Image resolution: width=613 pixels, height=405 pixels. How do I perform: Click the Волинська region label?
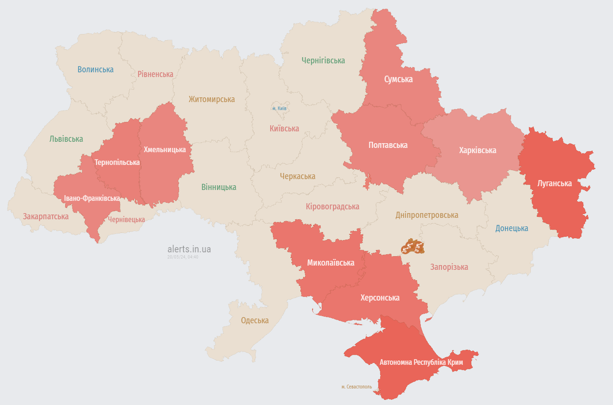tap(95, 69)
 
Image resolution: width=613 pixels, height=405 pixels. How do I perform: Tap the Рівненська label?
tap(155, 74)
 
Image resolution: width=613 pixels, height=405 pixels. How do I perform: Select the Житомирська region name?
tap(212, 99)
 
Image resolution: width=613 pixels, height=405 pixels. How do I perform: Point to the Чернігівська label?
tap(323, 60)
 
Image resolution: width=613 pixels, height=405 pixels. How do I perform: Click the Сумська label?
tap(398, 79)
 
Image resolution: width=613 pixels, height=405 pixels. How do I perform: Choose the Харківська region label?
tap(477, 150)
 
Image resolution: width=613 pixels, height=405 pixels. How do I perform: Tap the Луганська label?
tap(554, 183)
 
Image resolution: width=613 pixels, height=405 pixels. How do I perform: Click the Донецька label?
tap(511, 228)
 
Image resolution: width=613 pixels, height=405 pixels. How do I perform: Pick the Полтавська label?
tap(388, 145)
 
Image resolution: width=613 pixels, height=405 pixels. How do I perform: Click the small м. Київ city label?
tap(280, 109)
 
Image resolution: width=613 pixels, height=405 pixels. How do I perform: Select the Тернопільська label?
tap(117, 162)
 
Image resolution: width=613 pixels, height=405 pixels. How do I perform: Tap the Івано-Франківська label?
tap(92, 198)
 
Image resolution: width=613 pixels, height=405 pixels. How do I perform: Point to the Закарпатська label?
tap(46, 216)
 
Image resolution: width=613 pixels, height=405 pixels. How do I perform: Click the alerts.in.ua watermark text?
tap(189, 249)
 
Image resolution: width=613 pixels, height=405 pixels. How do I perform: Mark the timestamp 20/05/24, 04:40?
tap(183, 257)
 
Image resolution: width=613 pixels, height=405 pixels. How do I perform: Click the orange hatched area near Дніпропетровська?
tap(411, 246)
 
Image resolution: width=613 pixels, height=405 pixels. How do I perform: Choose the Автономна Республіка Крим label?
tap(421, 362)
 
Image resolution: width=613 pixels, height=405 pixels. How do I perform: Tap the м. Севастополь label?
tap(357, 387)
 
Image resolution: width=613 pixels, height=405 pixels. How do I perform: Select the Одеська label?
tap(255, 320)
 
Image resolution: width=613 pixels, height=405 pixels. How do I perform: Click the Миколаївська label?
tap(331, 263)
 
